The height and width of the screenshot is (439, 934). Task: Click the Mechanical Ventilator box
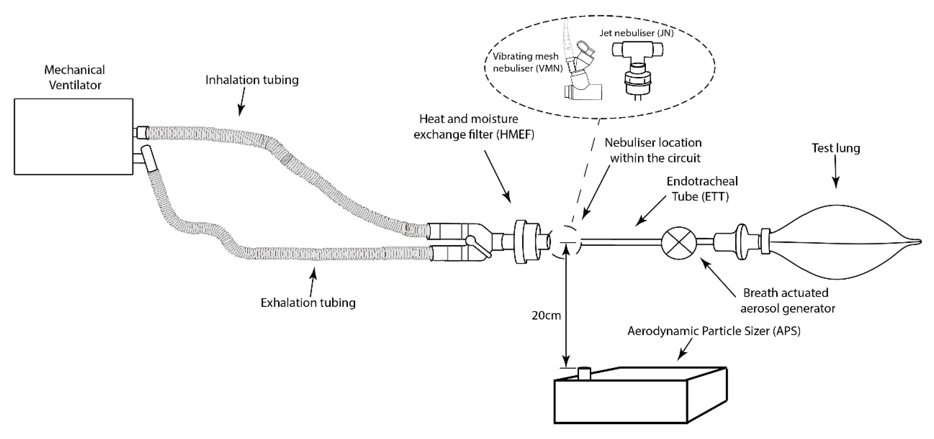[x=74, y=137]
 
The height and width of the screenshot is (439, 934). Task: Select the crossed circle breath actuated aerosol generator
[x=679, y=243]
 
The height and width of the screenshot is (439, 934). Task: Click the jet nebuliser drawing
[x=637, y=69]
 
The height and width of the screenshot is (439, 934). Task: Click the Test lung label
[x=835, y=148]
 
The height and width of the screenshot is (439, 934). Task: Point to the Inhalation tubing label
[x=252, y=80]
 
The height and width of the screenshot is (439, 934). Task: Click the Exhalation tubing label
[x=308, y=303]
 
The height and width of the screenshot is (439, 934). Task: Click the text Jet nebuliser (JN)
[x=636, y=33]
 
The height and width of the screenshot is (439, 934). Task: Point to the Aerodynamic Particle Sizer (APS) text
[x=714, y=331]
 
